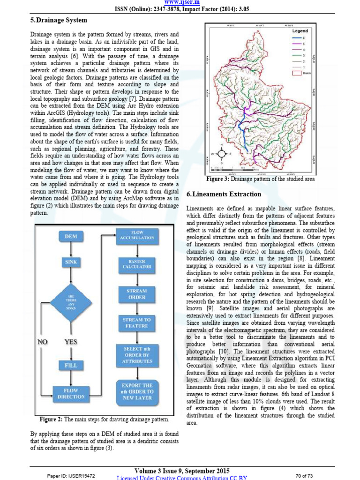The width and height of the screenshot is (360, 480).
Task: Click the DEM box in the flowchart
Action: [x=71, y=236]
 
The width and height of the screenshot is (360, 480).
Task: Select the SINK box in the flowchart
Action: [x=71, y=262]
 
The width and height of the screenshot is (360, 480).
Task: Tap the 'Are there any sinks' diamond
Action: [x=71, y=302]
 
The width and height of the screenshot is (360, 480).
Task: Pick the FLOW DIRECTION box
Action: [x=71, y=393]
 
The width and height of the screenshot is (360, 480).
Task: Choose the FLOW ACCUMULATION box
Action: [x=137, y=236]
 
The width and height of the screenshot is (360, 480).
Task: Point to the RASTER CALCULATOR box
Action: [x=137, y=264]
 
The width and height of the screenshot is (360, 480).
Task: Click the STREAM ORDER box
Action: [x=137, y=294]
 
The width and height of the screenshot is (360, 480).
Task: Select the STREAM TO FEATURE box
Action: [x=137, y=322]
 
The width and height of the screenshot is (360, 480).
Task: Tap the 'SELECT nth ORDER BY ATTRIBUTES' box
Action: [x=137, y=355]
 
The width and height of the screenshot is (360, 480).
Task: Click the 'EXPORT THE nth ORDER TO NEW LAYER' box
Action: [x=137, y=391]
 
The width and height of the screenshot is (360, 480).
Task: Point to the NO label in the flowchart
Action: [x=43, y=342]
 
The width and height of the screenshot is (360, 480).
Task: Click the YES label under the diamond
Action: [x=70, y=342]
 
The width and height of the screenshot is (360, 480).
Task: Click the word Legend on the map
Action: [x=300, y=31]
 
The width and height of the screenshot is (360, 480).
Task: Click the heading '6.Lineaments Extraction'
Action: [x=224, y=194]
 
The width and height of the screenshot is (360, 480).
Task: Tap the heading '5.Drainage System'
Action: [x=59, y=20]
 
